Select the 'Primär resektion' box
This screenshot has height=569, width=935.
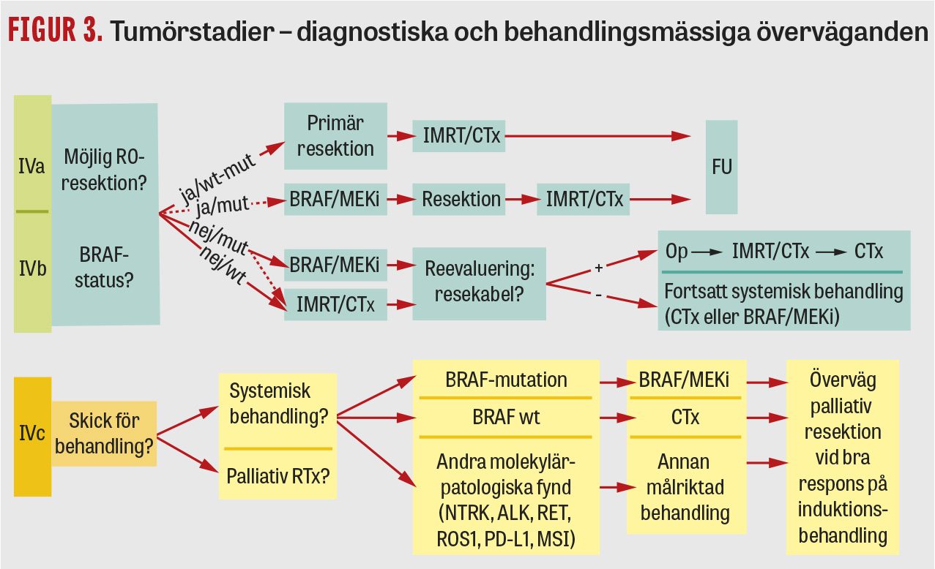[335, 135]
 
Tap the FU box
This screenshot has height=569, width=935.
[721, 167]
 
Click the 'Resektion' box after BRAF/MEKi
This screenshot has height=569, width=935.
[461, 199]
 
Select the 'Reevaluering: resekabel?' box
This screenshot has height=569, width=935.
[480, 282]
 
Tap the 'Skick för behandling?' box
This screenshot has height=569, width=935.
[104, 434]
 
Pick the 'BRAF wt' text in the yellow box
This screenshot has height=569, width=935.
[506, 418]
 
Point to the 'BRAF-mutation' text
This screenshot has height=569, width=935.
[506, 380]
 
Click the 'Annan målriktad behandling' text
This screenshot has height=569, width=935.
[685, 486]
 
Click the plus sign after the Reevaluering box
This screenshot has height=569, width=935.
[598, 268]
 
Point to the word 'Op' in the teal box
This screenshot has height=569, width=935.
[677, 252]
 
